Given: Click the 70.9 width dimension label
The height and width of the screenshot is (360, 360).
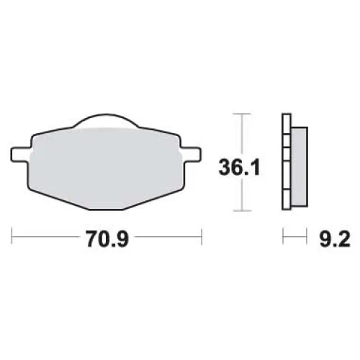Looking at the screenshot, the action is point(107,239).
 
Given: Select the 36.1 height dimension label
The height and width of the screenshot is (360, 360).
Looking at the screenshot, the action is point(239,167).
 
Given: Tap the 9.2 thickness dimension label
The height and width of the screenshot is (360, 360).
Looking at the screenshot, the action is point(335,239).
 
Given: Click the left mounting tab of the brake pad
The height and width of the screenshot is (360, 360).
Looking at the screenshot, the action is point(21,155).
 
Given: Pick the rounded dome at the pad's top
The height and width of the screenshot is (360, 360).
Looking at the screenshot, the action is point(106,120).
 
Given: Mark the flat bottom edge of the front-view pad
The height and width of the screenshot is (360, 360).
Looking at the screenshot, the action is point(107,210).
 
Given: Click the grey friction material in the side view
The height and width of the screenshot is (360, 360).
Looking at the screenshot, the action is point(300,167).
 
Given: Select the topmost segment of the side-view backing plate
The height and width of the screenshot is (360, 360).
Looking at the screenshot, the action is point(287,124).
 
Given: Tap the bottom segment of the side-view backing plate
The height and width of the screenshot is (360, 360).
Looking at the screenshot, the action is point(287,199).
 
